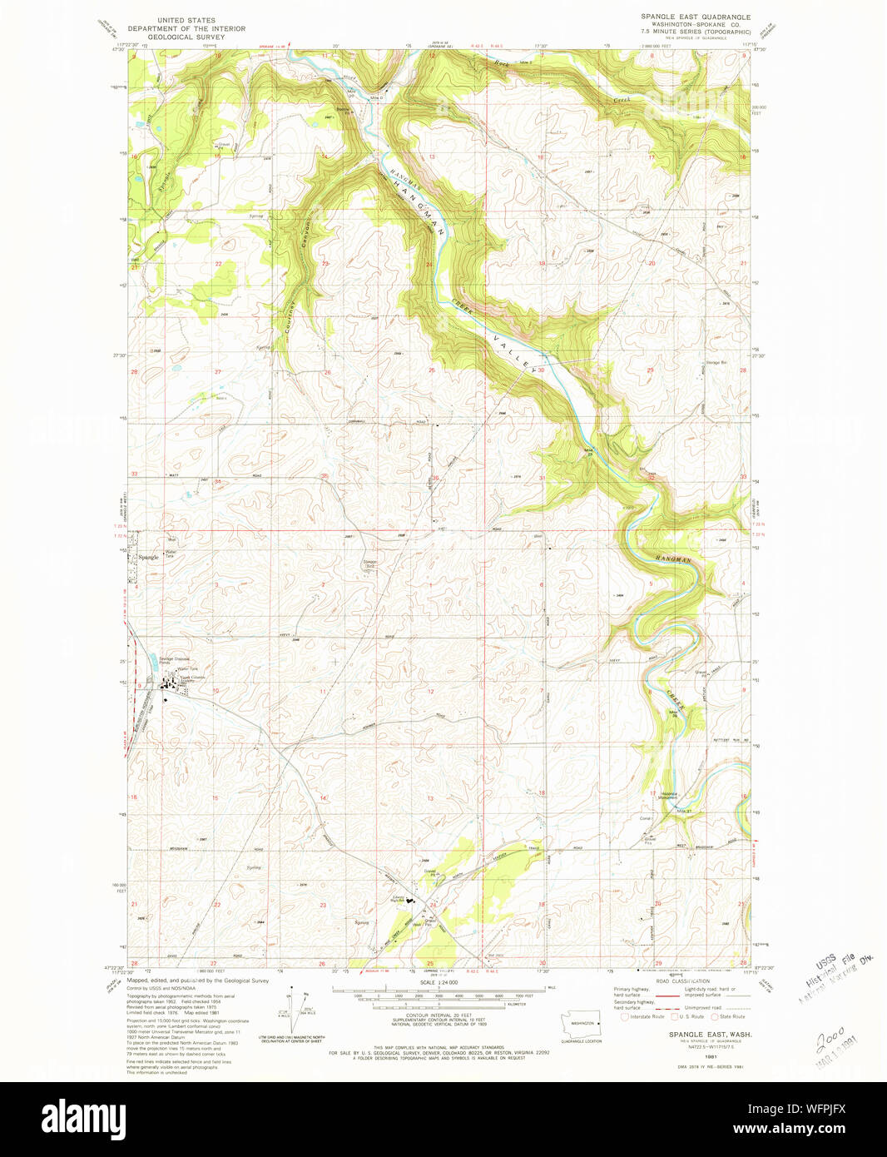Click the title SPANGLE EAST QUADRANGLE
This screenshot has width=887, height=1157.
point(695,17)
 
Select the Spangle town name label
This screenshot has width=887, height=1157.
point(148,557)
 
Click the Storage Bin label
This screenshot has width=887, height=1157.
point(717,363)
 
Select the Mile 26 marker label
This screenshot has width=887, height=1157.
point(674,713)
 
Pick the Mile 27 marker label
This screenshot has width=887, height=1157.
point(684,811)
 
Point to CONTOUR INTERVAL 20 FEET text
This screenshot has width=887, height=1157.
point(437,1019)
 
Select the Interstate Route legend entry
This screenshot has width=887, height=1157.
point(646,1016)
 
